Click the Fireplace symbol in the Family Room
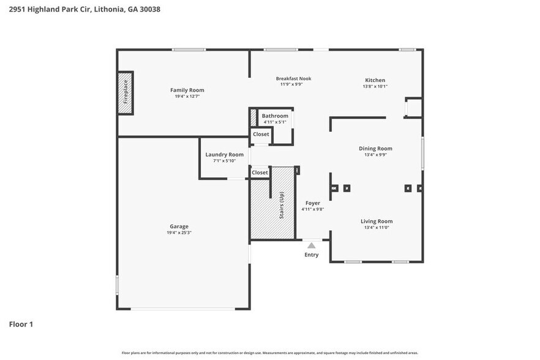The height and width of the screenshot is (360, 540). (126, 92)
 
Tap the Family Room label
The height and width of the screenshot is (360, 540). (187, 90)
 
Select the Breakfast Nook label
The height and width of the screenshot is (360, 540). (293, 78)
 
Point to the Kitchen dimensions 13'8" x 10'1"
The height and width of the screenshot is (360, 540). (375, 86)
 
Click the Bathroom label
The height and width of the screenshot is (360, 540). (275, 116)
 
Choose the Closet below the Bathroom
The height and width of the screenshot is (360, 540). (261, 134)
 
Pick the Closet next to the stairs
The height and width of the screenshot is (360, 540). (260, 173)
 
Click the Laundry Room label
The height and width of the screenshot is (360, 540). (224, 155)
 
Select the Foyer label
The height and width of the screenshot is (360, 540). (312, 203)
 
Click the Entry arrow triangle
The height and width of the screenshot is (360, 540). (311, 246)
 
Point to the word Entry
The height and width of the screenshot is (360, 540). (312, 255)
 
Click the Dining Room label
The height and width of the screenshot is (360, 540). (375, 148)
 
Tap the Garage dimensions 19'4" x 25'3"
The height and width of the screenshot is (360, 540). (179, 233)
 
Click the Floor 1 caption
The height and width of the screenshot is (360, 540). (21, 324)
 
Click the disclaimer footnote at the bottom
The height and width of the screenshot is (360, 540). (270, 353)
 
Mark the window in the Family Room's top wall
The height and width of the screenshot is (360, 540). (188, 50)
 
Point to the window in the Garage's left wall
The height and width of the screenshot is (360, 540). (117, 285)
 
